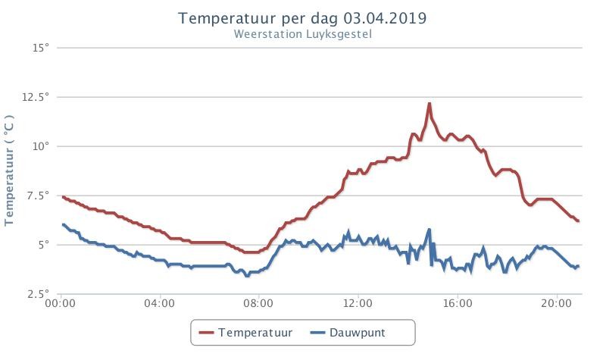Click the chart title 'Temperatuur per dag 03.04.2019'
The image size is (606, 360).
click(x=302, y=18)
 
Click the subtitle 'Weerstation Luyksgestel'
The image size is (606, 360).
click(x=302, y=34)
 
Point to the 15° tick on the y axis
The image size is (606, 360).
click(x=41, y=48)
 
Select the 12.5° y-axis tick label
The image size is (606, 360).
click(x=36, y=97)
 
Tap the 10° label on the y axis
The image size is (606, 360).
click(x=41, y=146)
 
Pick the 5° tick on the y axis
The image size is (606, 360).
click(x=44, y=245)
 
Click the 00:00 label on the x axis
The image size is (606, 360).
click(x=61, y=303)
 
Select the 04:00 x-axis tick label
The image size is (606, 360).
click(x=159, y=303)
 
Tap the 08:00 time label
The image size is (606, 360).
click(x=258, y=303)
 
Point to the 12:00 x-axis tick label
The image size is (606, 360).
click(x=358, y=303)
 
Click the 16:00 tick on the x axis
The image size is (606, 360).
click(x=458, y=303)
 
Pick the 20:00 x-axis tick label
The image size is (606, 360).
click(x=556, y=303)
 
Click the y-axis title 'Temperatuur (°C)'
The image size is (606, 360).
click(x=9, y=170)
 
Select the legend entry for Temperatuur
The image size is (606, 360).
click(x=245, y=333)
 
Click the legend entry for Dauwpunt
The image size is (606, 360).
click(x=348, y=333)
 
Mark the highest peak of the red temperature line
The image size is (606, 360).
click(x=429, y=104)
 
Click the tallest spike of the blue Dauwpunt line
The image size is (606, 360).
click(x=429, y=230)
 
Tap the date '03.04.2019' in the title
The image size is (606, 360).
click(x=386, y=18)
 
